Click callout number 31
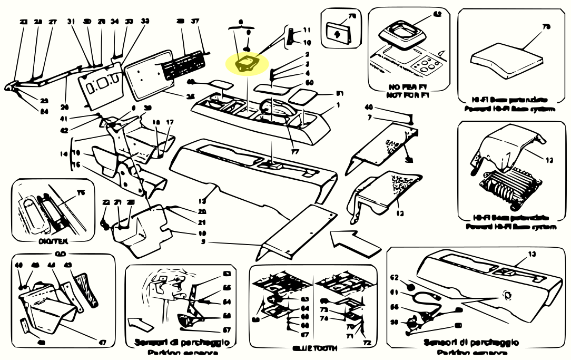pos(71,22)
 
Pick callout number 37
pos(195,22)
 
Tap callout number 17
pos(170,122)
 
